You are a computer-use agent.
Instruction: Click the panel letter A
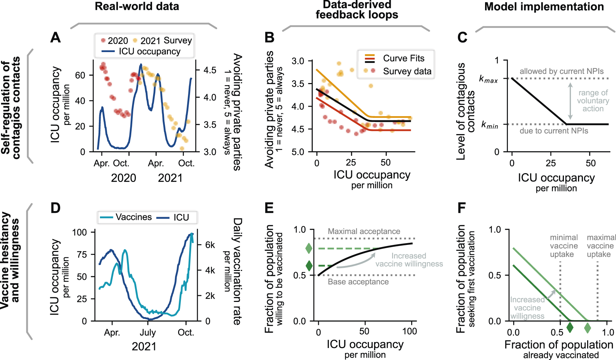coord(55,37)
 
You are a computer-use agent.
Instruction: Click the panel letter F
coord(461,208)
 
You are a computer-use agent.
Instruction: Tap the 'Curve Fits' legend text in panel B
coord(403,58)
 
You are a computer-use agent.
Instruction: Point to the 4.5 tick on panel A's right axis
coord(210,70)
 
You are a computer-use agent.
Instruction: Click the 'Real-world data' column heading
coord(137,6)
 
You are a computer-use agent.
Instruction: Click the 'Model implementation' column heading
coord(544,7)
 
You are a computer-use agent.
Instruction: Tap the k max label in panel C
coord(488,79)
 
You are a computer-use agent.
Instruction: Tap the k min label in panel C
coord(489,125)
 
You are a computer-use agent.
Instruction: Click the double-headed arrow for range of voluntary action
coord(570,101)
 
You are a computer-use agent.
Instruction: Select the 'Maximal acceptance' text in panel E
coord(364,231)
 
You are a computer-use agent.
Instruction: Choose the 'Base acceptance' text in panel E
coord(358,282)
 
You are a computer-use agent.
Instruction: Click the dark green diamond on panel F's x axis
coord(570,328)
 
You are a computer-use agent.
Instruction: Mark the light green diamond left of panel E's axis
coord(309,248)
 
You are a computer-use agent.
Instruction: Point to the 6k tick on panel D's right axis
coord(210,245)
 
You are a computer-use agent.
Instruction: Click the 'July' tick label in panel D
coord(147,332)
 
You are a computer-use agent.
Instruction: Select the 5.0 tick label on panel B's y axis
coord(298,152)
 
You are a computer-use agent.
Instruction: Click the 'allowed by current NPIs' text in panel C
coord(561,71)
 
